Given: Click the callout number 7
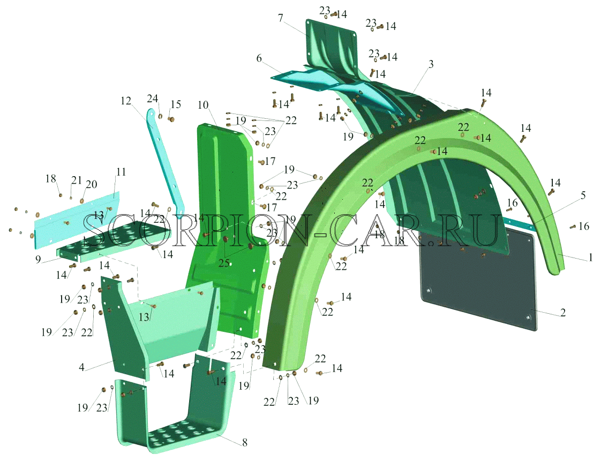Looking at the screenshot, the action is coord(281,18).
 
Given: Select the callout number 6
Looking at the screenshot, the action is coord(259,58).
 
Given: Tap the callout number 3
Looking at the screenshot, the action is coord(431,64).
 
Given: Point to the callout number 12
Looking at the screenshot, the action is coord(126,101).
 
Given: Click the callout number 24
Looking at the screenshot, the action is coord(153,99).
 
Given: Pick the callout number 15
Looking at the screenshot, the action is coord(176,104).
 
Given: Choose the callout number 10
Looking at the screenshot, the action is coord(203,105).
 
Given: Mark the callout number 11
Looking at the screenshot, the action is coord(121,172).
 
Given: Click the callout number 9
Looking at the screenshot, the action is coord(38,260).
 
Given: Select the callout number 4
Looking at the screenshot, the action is coord(81,367).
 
